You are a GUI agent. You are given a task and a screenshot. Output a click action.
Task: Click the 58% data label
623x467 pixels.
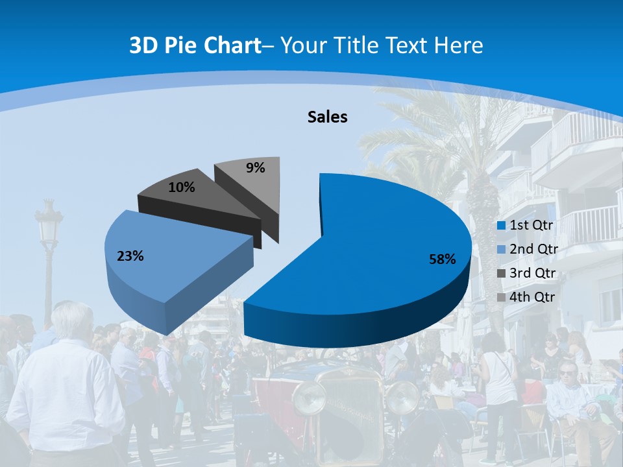pyautogui.click(x=442, y=259)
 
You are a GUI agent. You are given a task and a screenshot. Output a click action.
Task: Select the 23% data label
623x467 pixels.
pyautogui.click(x=130, y=256)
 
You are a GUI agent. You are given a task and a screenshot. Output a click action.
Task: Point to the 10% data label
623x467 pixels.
pyautogui.click(x=181, y=187)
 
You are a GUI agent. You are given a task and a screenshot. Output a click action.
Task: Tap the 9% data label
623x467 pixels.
pyautogui.click(x=256, y=168)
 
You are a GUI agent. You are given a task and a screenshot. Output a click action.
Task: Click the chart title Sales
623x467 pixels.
pyautogui.click(x=327, y=117)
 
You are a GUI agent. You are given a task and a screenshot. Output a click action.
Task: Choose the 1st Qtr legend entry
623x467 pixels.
pyautogui.click(x=526, y=225)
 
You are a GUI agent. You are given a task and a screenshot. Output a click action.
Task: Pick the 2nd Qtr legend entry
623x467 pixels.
pyautogui.click(x=526, y=249)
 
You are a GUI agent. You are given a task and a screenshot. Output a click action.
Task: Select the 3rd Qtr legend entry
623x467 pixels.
pyautogui.click(x=526, y=273)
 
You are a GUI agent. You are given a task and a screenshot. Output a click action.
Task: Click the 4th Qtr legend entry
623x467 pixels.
pyautogui.click(x=526, y=297)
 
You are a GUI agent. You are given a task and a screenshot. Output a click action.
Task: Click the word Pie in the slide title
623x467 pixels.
pyautogui.click(x=182, y=45)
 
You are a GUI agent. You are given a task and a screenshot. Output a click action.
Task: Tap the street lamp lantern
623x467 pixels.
pyautogui.click(x=49, y=224)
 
